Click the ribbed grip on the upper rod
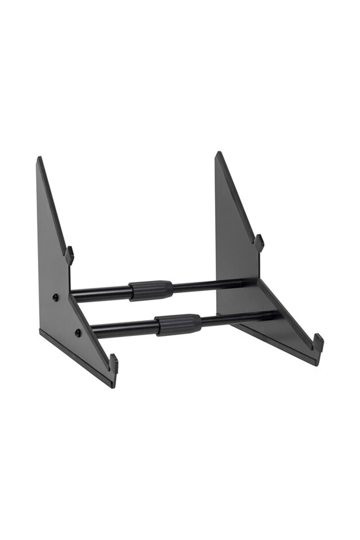click(x=151, y=290)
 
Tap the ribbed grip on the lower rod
click(x=179, y=324)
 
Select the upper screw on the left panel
click(x=56, y=297)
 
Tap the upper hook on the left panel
click(x=70, y=255)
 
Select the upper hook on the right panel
click(x=259, y=243)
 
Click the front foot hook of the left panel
click(x=114, y=363)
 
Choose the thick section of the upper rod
click(x=101, y=293)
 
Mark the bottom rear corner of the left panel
click(x=41, y=332)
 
